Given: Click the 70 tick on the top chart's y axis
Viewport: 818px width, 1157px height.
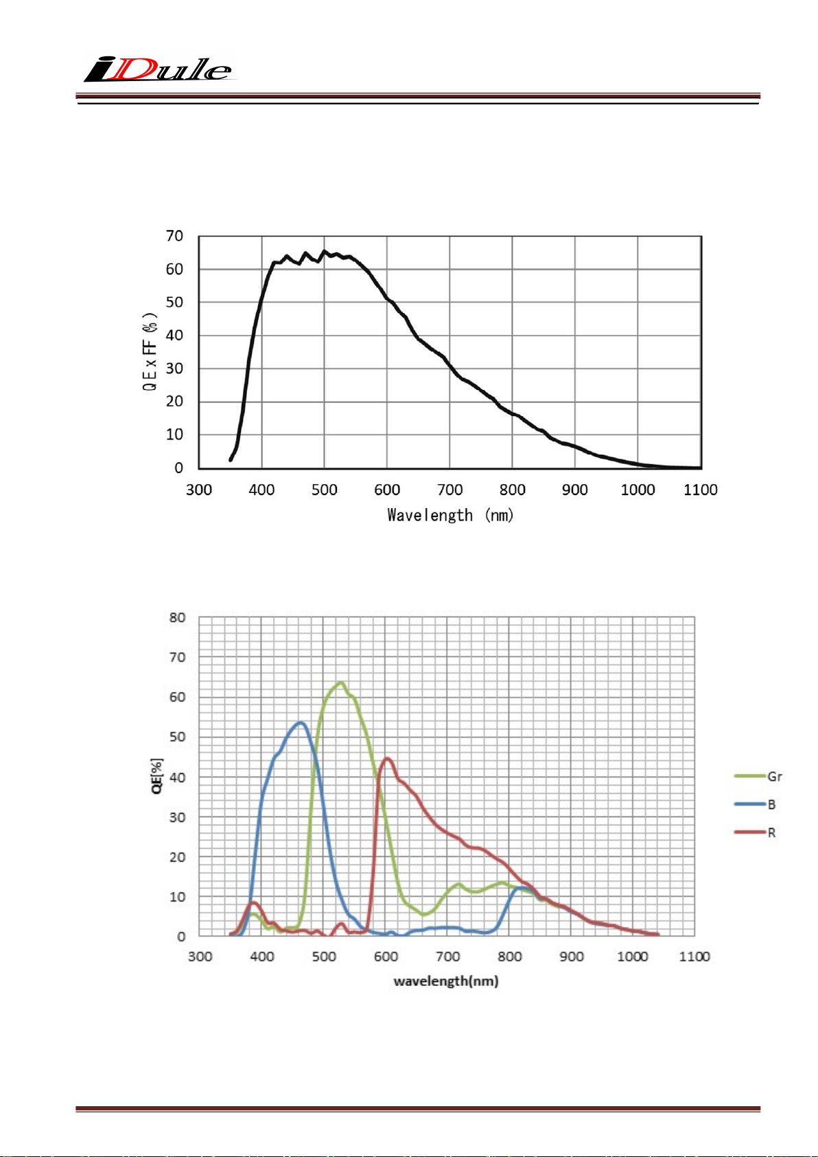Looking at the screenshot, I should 174,236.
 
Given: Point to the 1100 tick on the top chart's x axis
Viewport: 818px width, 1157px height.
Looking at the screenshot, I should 701,490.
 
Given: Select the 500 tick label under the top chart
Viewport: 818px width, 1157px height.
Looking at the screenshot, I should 325,490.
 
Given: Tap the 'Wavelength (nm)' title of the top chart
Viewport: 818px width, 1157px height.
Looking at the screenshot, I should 450,515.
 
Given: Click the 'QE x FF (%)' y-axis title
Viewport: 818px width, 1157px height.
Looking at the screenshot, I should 150,351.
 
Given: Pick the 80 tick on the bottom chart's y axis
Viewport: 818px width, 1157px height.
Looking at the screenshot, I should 177,617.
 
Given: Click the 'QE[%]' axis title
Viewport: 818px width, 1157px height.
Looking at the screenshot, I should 157,777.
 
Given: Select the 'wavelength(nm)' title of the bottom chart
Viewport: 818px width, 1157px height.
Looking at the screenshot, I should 446,981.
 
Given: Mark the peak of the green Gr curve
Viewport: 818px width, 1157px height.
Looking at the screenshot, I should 340,683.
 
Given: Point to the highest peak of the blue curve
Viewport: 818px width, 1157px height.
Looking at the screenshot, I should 300,722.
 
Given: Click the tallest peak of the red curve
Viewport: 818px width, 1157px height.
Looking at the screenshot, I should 387,759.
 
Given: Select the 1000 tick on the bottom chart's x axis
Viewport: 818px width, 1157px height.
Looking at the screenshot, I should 633,956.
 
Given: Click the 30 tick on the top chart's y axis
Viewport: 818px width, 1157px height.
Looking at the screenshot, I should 174,368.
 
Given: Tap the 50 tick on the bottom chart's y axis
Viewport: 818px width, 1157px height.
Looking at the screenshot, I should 177,737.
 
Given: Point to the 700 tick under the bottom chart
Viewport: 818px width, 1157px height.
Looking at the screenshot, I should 447,956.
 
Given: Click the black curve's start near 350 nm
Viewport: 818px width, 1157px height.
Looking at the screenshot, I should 231,459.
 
